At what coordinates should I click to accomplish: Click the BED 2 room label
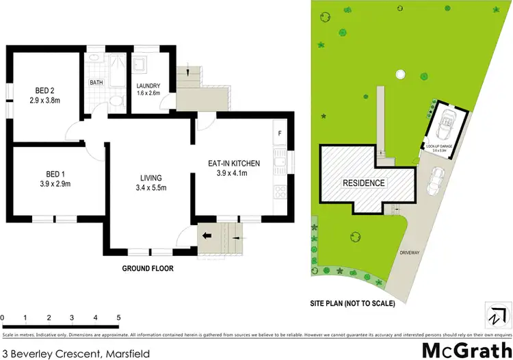(46, 90)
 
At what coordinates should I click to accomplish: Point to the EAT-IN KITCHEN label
(234, 164)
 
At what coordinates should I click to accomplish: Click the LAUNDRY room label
(148, 86)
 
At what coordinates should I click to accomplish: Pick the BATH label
(96, 83)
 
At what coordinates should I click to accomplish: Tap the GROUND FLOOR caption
(148, 269)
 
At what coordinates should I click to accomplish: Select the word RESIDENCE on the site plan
(364, 183)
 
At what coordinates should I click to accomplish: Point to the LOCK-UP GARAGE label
(440, 147)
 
